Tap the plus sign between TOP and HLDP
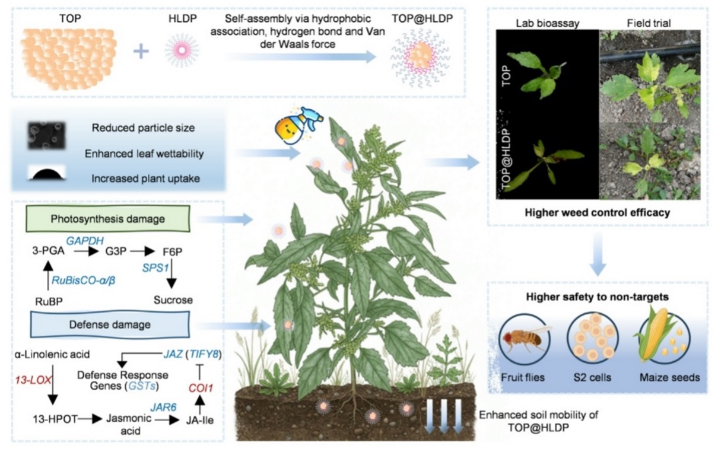tap(141, 51)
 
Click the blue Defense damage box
tap(109, 324)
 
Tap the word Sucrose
tap(173, 300)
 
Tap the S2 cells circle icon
tap(592, 339)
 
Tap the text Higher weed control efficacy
tap(598, 212)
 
